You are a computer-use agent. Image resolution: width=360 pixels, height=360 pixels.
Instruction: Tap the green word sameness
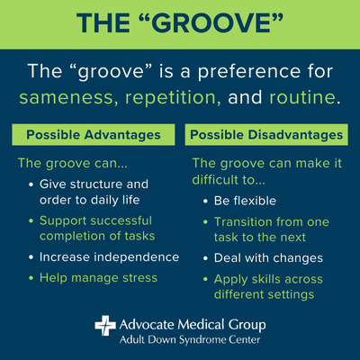click(x=73, y=95)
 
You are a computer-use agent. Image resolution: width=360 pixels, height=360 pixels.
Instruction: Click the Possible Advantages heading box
click(x=92, y=135)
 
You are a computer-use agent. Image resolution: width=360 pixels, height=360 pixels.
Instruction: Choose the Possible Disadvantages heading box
click(x=266, y=135)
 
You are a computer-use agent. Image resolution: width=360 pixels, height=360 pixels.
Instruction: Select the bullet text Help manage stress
click(x=97, y=278)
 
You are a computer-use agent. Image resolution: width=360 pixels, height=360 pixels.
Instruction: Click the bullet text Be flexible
click(x=246, y=201)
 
